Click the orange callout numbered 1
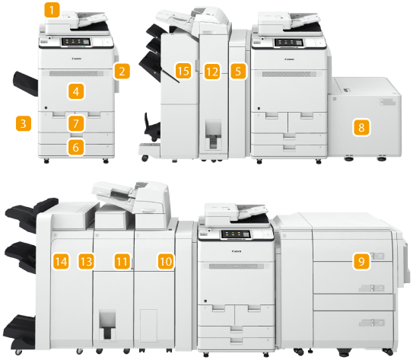[52, 10]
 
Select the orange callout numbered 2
[122, 71]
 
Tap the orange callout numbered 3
[24, 123]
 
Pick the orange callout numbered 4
[76, 91]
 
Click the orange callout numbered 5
[238, 71]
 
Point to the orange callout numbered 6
[76, 148]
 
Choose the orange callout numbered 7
[76, 123]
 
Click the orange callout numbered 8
[361, 128]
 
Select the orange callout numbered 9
[361, 261]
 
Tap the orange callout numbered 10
[166, 261]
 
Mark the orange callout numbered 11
[122, 261]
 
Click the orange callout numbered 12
[212, 71]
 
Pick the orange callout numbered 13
[86, 261]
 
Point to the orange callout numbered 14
[61, 261]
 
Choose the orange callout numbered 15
[183, 71]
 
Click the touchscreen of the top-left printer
[76, 42]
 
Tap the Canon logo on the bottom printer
[237, 251]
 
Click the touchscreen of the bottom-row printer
[236, 234]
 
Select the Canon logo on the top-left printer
[76, 59]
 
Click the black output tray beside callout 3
[26, 83]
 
